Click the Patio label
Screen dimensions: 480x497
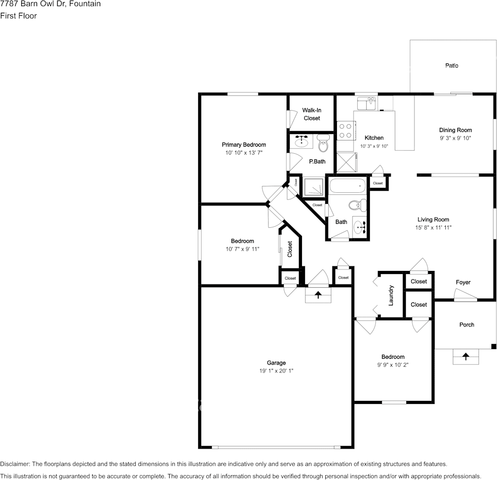tap(451, 65)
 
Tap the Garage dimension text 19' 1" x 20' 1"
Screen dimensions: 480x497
tap(276, 371)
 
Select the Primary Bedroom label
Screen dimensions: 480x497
tap(244, 145)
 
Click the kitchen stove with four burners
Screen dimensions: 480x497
tap(346, 130)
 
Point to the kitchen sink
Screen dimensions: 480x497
tap(365, 104)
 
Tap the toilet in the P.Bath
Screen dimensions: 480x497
tap(324, 146)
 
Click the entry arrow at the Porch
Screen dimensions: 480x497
tap(466, 357)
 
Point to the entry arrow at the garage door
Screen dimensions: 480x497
tap(318, 295)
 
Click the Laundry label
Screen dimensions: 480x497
tap(391, 295)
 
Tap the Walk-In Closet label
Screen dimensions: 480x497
tap(312, 114)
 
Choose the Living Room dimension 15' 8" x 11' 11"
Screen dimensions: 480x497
tap(433, 228)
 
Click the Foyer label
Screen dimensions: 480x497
tap(463, 283)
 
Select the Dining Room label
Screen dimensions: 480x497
tap(455, 130)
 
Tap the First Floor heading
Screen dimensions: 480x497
tap(18, 16)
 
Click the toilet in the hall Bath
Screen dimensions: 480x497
tap(356, 205)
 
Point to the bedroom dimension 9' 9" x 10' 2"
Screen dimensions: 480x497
tap(393, 365)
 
